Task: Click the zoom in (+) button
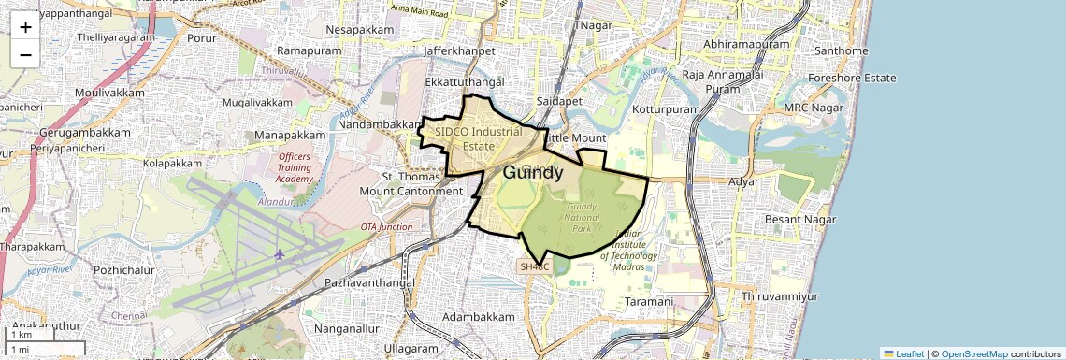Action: (x=25, y=26)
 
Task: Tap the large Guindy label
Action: (x=533, y=173)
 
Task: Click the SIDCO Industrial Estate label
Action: (x=478, y=138)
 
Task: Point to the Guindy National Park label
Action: (x=581, y=217)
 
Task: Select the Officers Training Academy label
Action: (x=295, y=168)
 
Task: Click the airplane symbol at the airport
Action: (x=280, y=253)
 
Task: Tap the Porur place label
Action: (x=201, y=38)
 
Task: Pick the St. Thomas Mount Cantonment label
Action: (x=411, y=183)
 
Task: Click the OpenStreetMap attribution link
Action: (x=974, y=353)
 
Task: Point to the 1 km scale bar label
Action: (x=21, y=335)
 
